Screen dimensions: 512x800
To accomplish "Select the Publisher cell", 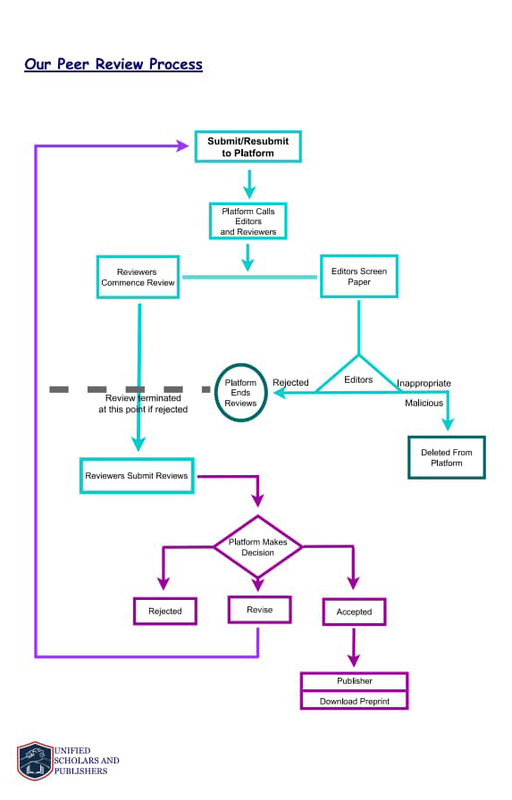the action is (354, 681).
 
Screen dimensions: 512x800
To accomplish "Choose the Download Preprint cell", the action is (354, 701).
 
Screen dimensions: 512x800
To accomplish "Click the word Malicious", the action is (424, 403).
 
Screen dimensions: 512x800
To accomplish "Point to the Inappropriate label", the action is (424, 383).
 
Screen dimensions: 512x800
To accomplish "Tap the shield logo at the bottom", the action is (35, 761).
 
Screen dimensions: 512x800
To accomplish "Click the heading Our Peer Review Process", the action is (113, 64).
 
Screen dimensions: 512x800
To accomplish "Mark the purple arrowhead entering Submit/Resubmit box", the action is (183, 146).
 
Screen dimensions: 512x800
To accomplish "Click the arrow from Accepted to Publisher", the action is (354, 646).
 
